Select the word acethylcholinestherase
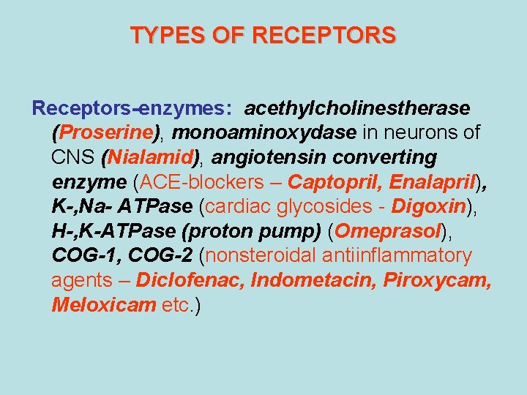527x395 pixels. (357, 108)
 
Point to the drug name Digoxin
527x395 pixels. (429, 207)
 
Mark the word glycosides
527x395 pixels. (336, 207)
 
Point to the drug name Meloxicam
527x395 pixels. (103, 305)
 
